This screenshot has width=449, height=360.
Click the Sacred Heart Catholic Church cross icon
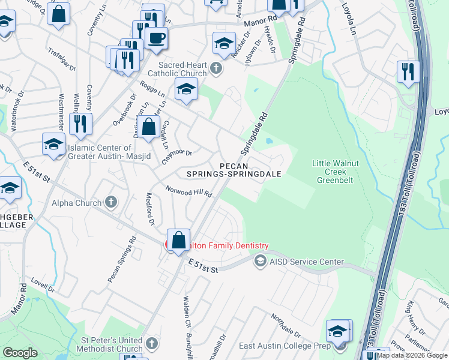(x=217, y=70)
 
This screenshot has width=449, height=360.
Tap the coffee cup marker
(x=157, y=38)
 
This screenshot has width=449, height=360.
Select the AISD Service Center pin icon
(x=260, y=261)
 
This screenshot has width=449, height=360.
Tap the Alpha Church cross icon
(x=110, y=202)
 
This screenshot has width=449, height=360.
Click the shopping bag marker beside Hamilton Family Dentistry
(x=179, y=241)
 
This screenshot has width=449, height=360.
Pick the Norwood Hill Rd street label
(x=190, y=191)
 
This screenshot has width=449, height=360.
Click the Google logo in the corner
(x=20, y=352)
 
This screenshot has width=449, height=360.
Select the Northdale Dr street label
(x=285, y=325)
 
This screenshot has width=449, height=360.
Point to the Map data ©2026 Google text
(x=412, y=355)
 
